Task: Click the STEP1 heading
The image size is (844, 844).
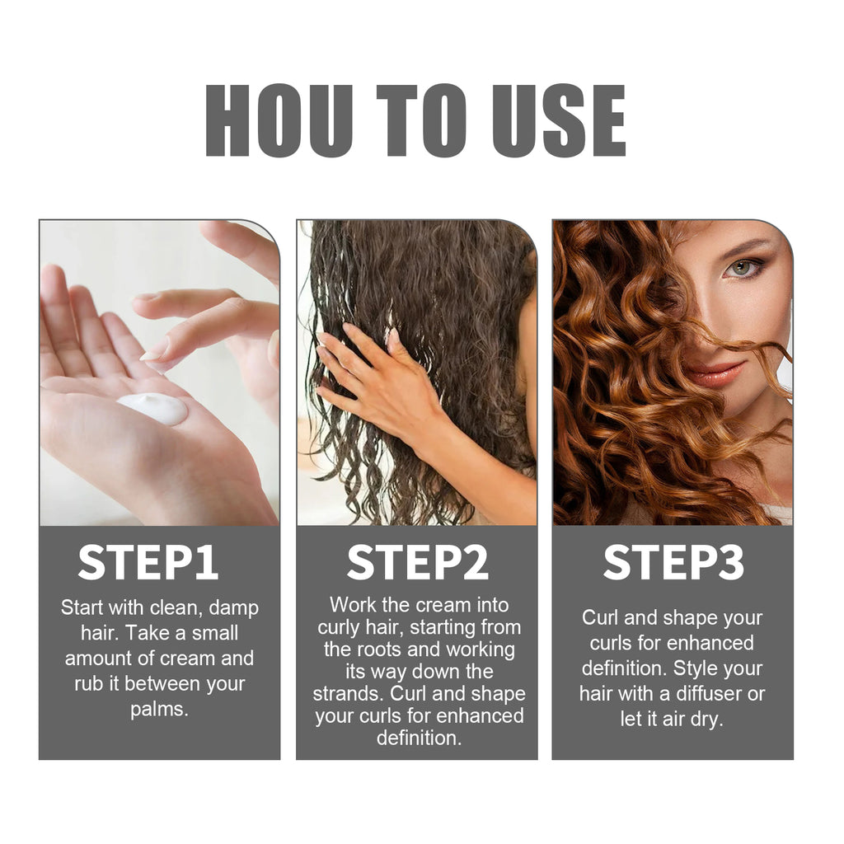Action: [x=148, y=563]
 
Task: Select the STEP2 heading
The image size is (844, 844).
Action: [x=417, y=563]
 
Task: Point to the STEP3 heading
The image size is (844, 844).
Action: [x=673, y=563]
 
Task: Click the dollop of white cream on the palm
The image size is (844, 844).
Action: [x=154, y=408]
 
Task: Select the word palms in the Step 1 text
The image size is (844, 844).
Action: [x=159, y=710]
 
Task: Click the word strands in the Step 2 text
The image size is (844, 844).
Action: [x=346, y=693]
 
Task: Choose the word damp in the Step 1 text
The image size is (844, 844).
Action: [x=235, y=608]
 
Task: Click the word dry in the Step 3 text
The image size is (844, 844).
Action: [x=706, y=719]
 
